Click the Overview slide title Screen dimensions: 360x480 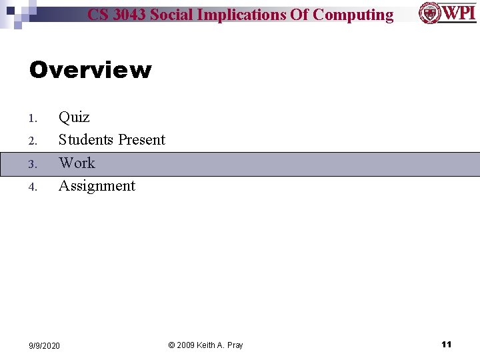pos(90,70)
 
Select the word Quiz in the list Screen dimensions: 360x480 pos(74,117)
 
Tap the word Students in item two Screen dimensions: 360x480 pos(86,140)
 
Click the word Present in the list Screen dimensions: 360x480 pos(141,140)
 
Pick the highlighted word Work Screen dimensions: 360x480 pos(77,163)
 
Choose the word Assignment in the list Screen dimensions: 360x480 pos(97,186)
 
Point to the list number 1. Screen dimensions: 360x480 pos(32,119)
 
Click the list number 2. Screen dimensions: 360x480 pos(32,141)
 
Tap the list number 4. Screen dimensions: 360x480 pos(32,187)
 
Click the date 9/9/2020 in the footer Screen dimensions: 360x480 pos(44,345)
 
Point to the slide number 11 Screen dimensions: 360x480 pos(447,344)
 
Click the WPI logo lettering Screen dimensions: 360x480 pos(459,13)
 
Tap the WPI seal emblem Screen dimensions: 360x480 pos(429,13)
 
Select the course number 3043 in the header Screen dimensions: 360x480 pos(128,15)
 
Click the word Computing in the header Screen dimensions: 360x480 pos(353,15)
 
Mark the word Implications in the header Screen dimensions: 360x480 pos(243,15)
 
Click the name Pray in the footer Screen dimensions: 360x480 pos(234,345)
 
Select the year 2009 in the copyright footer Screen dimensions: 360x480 pos(187,345)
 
